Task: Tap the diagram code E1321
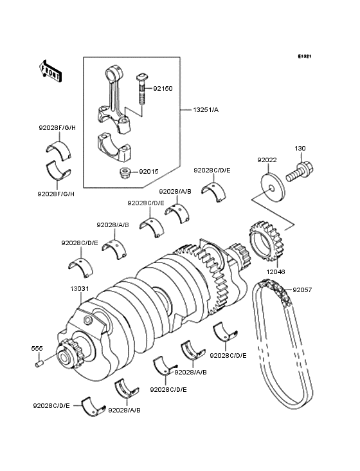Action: tap(304, 57)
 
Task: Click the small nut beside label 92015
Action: tap(126, 172)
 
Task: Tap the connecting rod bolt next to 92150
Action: tap(141, 88)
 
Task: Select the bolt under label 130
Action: tap(300, 171)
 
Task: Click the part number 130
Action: tap(300, 149)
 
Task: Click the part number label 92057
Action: tap(301, 290)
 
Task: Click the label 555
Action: tap(37, 348)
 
